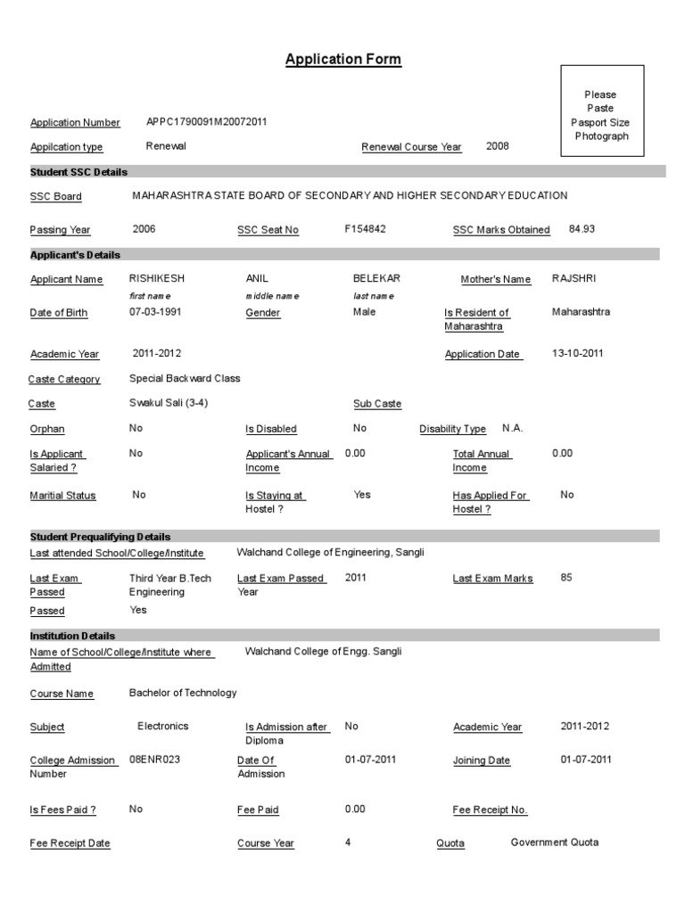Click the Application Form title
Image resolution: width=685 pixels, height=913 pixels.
(343, 60)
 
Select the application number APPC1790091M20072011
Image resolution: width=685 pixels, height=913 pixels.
(206, 122)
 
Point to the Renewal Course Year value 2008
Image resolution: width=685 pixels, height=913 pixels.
(498, 145)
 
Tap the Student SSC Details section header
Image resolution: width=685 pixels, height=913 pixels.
(78, 171)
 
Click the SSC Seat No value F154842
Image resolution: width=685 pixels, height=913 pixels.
(365, 229)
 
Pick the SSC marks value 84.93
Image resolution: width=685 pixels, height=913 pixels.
(582, 229)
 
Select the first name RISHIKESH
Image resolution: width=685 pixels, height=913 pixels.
(157, 278)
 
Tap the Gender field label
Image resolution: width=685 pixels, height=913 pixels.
(263, 313)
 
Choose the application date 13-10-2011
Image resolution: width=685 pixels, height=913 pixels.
(578, 353)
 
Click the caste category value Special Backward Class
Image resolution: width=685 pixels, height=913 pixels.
(185, 378)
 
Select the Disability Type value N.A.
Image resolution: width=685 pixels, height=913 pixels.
(513, 428)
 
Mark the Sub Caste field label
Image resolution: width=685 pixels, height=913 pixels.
(377, 404)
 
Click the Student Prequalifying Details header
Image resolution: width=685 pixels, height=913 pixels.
(100, 537)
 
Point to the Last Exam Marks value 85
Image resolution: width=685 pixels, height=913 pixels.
(566, 578)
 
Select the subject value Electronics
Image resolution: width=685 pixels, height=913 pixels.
(163, 726)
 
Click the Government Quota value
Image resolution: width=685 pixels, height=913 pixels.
(555, 842)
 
